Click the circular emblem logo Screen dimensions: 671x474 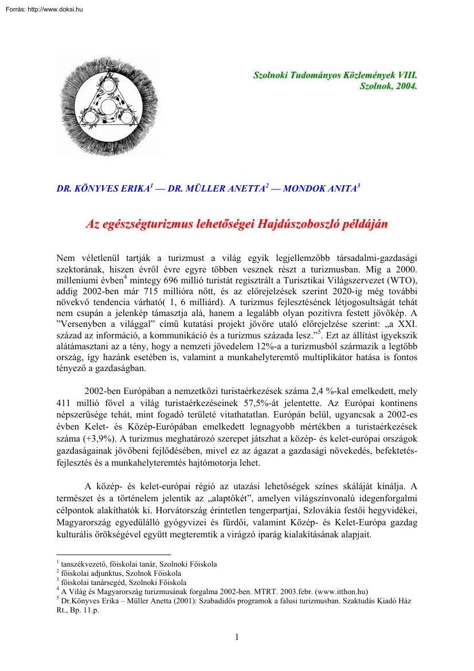pyautogui.click(x=108, y=106)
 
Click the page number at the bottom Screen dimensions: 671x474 pyautogui.click(x=237, y=636)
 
